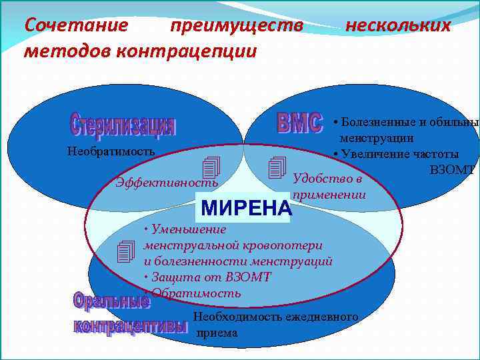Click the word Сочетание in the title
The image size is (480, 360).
tap(75, 25)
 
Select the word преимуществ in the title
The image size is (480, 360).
tap(236, 25)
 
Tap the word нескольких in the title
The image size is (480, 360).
tap(397, 25)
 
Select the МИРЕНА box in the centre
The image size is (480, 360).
tap(246, 209)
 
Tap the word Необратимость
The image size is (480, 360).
tap(111, 151)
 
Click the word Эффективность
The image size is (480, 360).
tap(166, 182)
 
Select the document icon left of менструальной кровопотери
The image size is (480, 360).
tap(125, 251)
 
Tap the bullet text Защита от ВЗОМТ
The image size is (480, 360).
tap(208, 277)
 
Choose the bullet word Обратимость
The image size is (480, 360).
tap(195, 293)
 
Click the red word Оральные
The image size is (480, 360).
tap(111, 301)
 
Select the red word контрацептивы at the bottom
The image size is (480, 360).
tap(131, 327)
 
